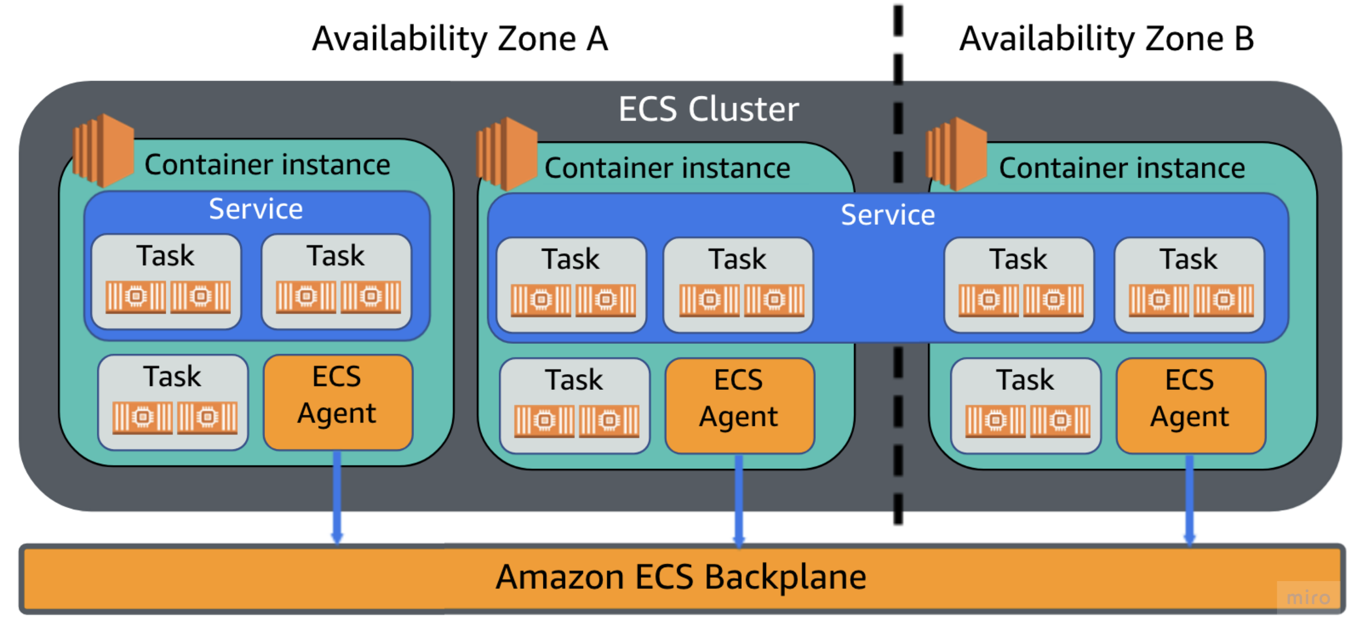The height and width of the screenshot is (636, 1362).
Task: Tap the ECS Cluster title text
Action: click(x=709, y=109)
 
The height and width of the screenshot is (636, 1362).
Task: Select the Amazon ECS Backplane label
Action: click(x=681, y=577)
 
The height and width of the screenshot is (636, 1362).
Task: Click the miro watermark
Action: click(x=1308, y=597)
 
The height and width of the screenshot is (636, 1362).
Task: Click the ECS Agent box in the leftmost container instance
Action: click(x=337, y=402)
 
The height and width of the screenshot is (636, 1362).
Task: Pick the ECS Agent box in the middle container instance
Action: click(x=739, y=405)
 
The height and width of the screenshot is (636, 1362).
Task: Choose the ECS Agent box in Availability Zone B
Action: click(x=1190, y=405)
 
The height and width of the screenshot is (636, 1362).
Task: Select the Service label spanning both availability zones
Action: click(x=888, y=214)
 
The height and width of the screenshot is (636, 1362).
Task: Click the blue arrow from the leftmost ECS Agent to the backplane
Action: click(x=337, y=496)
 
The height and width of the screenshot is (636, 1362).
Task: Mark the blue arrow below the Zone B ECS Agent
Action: click(x=1189, y=499)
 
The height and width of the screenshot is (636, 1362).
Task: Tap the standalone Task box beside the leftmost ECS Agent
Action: click(x=173, y=402)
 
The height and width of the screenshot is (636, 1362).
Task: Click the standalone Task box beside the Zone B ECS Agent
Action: click(x=1025, y=405)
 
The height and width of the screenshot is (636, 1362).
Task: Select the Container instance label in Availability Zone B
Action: click(x=1121, y=168)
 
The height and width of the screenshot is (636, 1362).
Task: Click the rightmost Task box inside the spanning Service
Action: click(x=1189, y=285)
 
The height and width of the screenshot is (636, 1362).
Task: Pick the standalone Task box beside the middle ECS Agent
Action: click(x=574, y=405)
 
